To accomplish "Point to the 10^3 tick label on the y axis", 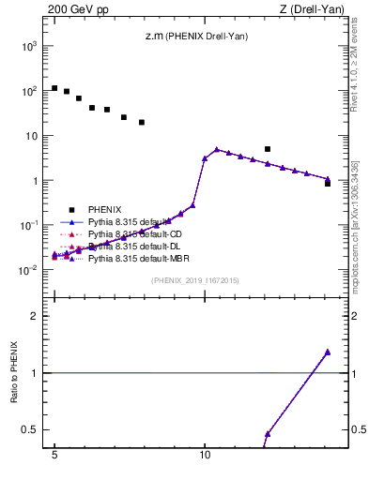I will point(28,46).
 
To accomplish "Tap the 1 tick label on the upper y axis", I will point(38,181).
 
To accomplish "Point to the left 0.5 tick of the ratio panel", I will point(34,430).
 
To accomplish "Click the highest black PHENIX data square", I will point(54,88).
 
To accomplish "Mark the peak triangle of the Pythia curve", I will point(217,149).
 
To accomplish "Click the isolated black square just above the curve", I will point(268,149).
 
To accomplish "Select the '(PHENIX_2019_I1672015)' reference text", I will point(194,280).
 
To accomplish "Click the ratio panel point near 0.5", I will point(268,434).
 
